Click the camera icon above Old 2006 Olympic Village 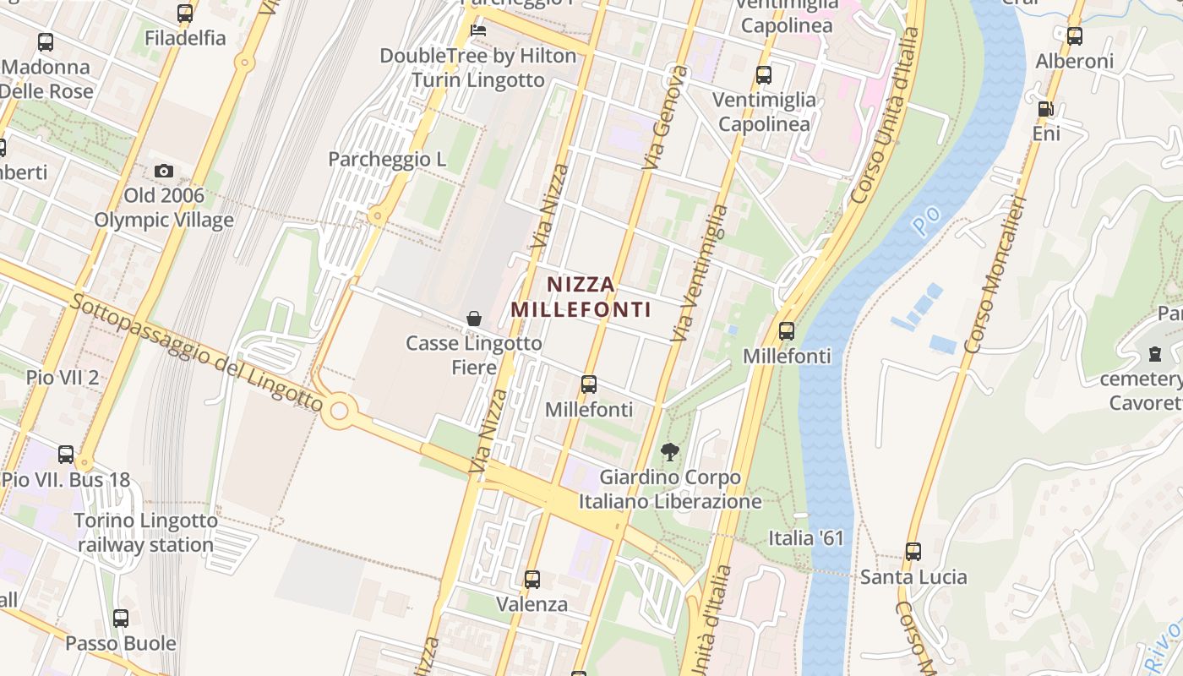coord(164,172)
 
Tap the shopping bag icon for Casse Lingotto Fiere coord(474,319)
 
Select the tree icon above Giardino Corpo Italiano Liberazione coord(670,452)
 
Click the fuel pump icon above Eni coord(1045,109)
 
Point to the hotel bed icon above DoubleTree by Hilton coord(478,30)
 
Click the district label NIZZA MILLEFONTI coord(581,297)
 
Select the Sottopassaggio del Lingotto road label coord(198,352)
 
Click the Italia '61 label coord(806,538)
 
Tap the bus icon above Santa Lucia coord(913,552)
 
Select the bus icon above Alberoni coord(1074,36)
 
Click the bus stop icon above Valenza coord(532,580)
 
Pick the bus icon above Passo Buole coord(121,619)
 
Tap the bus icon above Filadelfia coord(185,14)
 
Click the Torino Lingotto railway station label coord(146,533)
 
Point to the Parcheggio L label coord(387,159)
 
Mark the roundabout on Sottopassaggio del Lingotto coord(340,412)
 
